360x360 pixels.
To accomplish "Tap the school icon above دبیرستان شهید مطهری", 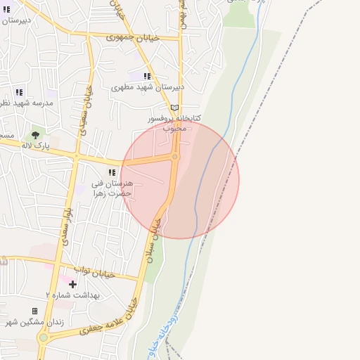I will click(x=147, y=76).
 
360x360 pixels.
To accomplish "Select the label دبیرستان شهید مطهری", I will click(x=148, y=87).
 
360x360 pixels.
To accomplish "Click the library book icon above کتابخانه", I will click(x=174, y=108).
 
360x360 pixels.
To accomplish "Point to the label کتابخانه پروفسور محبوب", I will click(x=174, y=123).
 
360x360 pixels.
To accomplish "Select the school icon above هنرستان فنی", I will click(x=112, y=172).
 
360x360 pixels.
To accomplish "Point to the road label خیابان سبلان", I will click(x=155, y=240).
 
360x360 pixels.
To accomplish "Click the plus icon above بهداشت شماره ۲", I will click(x=73, y=284).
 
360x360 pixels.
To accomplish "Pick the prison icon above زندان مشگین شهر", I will click(x=34, y=311).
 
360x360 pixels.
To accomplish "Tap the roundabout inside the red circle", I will click(x=175, y=157).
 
